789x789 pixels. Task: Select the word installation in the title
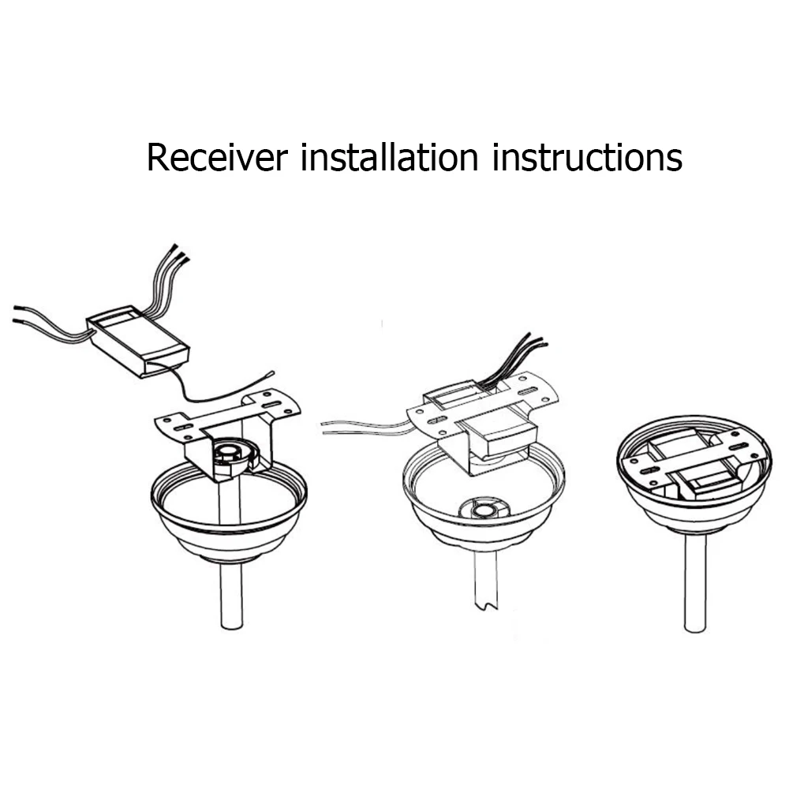tap(390, 158)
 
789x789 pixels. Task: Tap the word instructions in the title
tap(587, 158)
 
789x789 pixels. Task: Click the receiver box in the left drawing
tap(138, 341)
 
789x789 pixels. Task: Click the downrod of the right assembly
tap(695, 584)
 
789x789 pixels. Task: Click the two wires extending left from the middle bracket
tap(363, 427)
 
